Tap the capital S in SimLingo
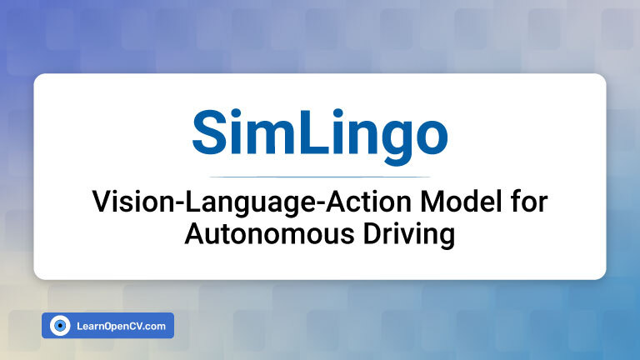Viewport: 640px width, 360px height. pyautogui.click(x=209, y=132)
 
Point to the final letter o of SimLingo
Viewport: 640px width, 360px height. pyautogui.click(x=431, y=137)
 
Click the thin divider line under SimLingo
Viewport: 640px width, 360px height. pyautogui.click(x=320, y=177)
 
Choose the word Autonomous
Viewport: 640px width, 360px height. pyautogui.click(x=269, y=234)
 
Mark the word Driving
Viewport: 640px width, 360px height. pyautogui.click(x=409, y=236)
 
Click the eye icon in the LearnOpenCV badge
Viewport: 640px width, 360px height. pyautogui.click(x=60, y=326)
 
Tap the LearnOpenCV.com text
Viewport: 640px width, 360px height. pyautogui.click(x=121, y=326)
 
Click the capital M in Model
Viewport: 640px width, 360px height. pyautogui.click(x=431, y=202)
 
